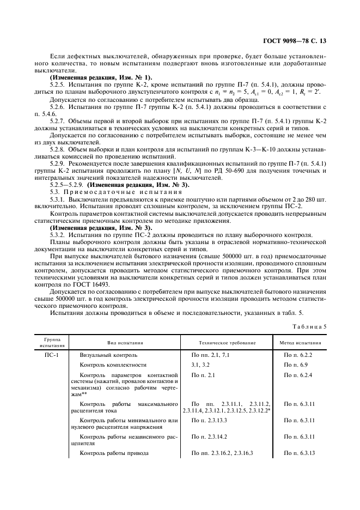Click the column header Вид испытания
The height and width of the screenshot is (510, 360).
point(125,343)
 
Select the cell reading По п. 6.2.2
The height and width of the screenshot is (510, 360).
point(296,355)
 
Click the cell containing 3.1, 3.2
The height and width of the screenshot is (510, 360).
point(199,364)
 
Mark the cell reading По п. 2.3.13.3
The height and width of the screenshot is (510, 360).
point(210,421)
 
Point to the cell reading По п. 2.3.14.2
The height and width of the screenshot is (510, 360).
point(210,437)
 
